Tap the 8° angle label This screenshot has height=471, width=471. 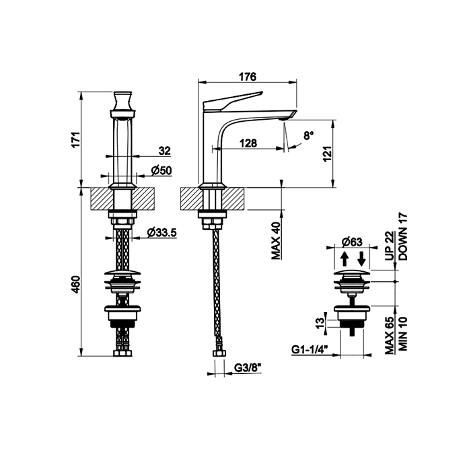(307, 135)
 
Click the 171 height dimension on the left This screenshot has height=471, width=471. (76, 139)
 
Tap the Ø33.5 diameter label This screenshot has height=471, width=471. (161, 233)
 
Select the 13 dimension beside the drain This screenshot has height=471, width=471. (320, 322)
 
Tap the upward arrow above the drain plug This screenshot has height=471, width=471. (343, 259)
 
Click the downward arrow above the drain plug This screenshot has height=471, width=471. (361, 259)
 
